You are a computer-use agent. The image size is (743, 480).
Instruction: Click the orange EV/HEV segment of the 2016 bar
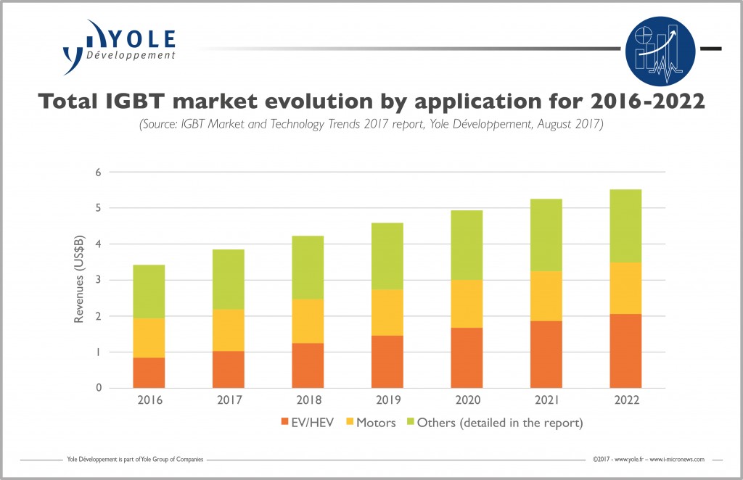pyautogui.click(x=149, y=373)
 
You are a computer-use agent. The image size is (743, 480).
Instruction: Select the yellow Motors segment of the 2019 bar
pyautogui.click(x=387, y=313)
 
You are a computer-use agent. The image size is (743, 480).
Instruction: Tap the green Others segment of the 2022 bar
pyautogui.click(x=625, y=225)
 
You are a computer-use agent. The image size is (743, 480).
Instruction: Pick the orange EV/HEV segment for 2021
pyautogui.click(x=546, y=355)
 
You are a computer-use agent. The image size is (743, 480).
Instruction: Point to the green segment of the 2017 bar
pyautogui.click(x=228, y=279)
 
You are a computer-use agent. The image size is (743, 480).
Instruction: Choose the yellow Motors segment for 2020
pyautogui.click(x=467, y=304)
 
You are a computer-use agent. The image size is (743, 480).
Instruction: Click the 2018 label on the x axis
pyautogui.click(x=308, y=400)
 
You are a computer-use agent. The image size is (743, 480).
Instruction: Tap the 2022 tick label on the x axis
pyautogui.click(x=625, y=400)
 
